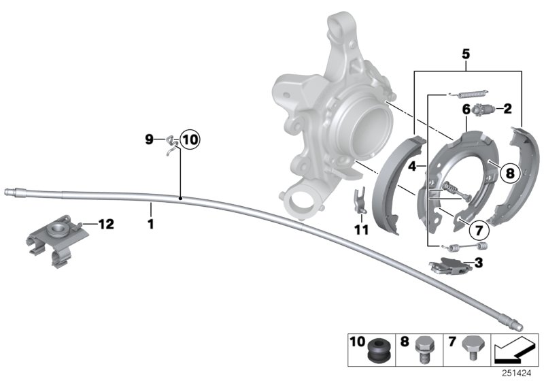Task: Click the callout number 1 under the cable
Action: (151, 222)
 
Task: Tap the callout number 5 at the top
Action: (465, 51)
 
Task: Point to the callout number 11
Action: (360, 230)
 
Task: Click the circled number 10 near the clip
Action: (188, 140)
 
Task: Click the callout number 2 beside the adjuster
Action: (507, 107)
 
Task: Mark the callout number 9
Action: (150, 140)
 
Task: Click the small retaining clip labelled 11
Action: (358, 199)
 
